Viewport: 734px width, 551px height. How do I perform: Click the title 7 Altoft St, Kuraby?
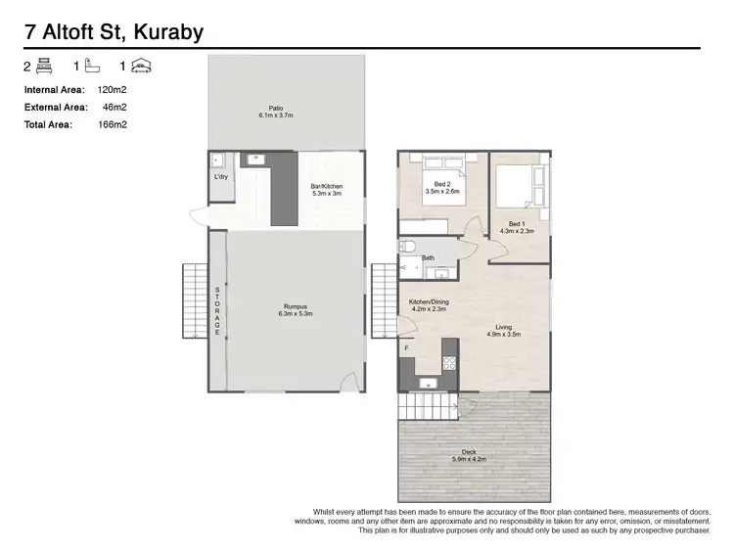pyautogui.click(x=114, y=32)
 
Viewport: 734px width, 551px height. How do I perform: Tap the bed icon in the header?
pyautogui.click(x=44, y=67)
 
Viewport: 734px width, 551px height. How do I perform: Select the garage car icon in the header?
pyautogui.click(x=142, y=67)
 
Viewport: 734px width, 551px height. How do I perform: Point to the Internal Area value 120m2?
pyautogui.click(x=113, y=89)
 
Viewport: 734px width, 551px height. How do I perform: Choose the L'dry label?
pyautogui.click(x=221, y=177)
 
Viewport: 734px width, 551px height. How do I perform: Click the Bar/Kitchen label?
pyautogui.click(x=327, y=189)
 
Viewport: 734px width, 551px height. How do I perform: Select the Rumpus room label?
pyautogui.click(x=293, y=310)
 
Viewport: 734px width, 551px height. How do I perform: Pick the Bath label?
pyautogui.click(x=428, y=258)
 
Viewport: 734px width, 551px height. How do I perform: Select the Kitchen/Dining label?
pyautogui.click(x=429, y=305)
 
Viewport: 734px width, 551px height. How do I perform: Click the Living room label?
pyautogui.click(x=504, y=331)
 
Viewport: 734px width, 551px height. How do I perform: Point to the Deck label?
pyautogui.click(x=470, y=454)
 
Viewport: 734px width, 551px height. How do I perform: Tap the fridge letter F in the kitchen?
pyautogui.click(x=406, y=348)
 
